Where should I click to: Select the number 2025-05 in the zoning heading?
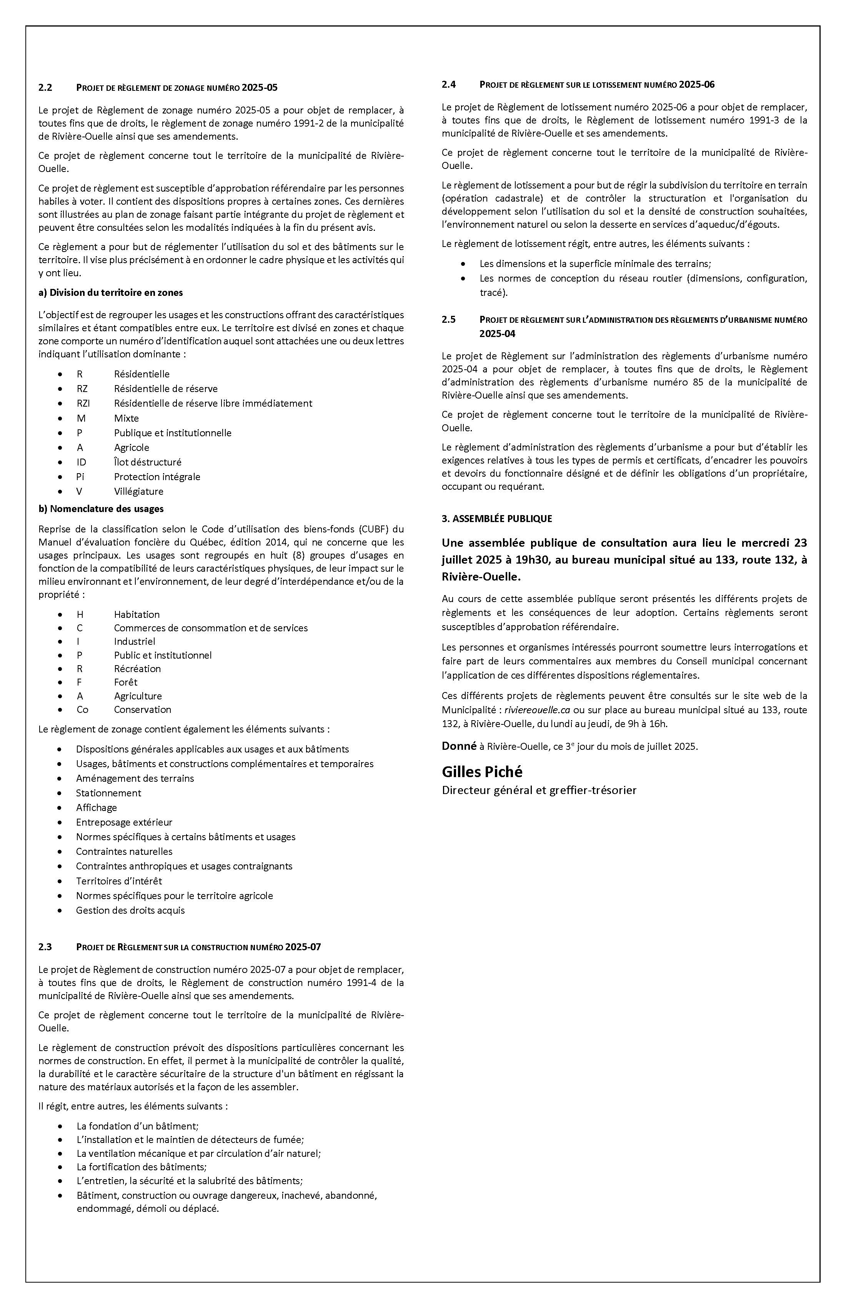tap(260, 87)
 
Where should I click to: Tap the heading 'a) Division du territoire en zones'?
tap(110, 293)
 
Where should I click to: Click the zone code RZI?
tap(83, 404)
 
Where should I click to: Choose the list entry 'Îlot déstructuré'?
tap(147, 462)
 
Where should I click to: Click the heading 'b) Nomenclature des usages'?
tap(101, 509)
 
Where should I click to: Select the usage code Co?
tap(82, 709)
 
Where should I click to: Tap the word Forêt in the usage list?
tap(126, 682)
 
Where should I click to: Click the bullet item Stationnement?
tap(108, 793)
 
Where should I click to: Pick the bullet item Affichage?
tap(96, 807)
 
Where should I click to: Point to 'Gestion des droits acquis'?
tap(130, 910)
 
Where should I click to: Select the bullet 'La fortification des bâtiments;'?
tap(141, 1167)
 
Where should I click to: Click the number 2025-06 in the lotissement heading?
tap(696, 85)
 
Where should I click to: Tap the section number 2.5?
tap(448, 320)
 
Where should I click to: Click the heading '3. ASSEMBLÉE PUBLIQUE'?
tap(496, 518)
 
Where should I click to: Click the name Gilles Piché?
tap(482, 772)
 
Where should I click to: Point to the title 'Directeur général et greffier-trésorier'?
tap(539, 790)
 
